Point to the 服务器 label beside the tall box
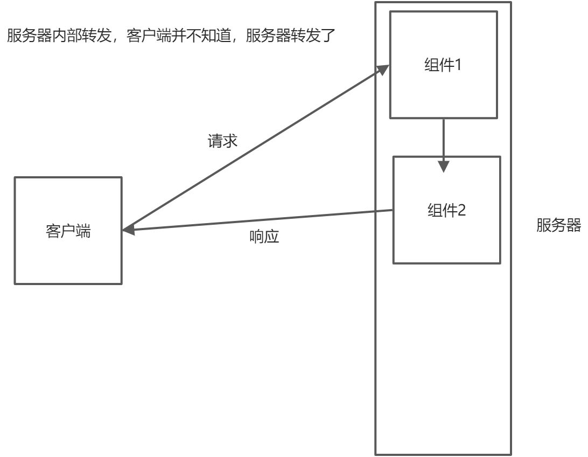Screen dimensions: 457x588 (x=558, y=225)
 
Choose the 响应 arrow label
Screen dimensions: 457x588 (x=265, y=237)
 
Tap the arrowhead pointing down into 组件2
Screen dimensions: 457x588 (x=443, y=166)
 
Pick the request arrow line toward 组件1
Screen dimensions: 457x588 (x=253, y=149)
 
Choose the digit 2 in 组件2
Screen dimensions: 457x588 (x=461, y=210)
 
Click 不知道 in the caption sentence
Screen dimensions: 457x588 (x=209, y=37)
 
